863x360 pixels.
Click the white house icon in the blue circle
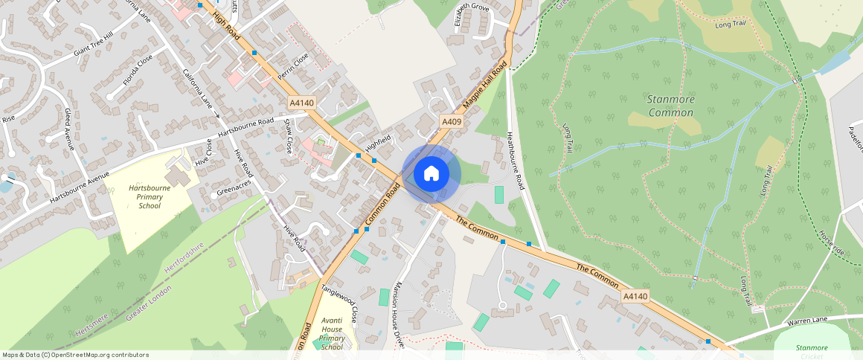431,174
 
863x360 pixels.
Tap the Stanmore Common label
670,106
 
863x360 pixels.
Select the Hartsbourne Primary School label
149,197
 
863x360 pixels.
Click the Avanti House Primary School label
332,332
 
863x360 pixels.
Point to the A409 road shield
452,121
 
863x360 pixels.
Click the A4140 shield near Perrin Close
301,102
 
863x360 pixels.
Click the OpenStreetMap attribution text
75,355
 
